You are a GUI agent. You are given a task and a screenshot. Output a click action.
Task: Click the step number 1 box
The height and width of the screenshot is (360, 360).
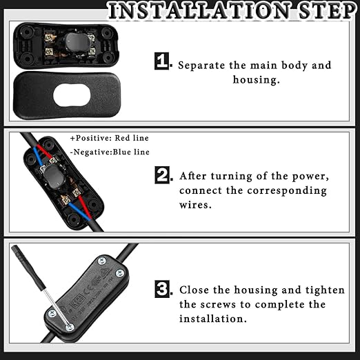click(161, 61)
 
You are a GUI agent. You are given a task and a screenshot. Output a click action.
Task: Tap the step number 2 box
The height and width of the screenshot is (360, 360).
click(162, 175)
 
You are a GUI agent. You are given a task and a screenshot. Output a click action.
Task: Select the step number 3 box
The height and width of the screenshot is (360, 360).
click(162, 289)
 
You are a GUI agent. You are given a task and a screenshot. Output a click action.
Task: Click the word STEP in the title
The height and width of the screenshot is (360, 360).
click(328, 11)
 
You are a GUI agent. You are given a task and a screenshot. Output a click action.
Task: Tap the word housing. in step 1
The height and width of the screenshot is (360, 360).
click(256, 80)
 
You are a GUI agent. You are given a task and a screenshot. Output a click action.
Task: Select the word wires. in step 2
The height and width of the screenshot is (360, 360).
click(195, 204)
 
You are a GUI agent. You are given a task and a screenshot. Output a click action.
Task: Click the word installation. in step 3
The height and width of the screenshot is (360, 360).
click(213, 319)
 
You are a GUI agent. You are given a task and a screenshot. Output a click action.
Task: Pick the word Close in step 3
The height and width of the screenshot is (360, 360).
click(194, 290)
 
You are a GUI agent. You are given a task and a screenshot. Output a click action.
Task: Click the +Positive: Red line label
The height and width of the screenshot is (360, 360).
click(110, 138)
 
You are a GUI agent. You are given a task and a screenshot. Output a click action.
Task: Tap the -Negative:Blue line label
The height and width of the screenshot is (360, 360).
click(110, 152)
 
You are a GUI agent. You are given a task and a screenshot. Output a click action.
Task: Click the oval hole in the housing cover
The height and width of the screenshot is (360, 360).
click(72, 95)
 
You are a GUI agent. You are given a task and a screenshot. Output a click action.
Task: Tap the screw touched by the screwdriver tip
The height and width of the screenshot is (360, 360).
click(70, 327)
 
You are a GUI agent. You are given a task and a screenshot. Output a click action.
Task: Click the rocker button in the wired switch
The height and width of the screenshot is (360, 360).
click(53, 177)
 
